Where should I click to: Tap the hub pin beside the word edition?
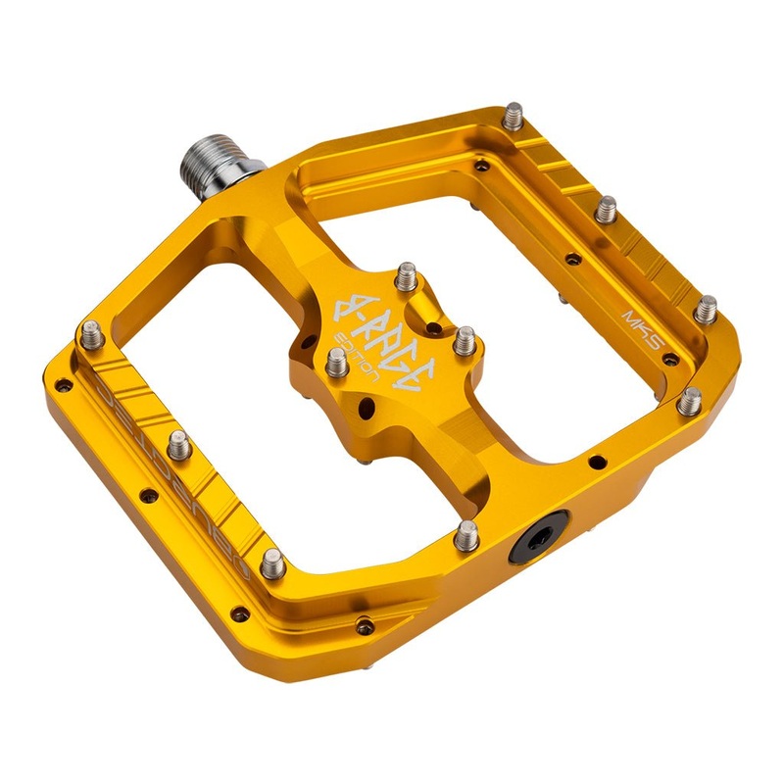[336, 366]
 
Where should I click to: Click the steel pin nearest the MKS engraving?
[705, 309]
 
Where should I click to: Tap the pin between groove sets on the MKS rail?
[607, 209]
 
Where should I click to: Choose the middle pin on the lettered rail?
[179, 447]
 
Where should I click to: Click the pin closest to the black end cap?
[467, 534]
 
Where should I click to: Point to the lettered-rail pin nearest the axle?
[94, 333]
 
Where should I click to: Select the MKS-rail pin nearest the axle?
[515, 118]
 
